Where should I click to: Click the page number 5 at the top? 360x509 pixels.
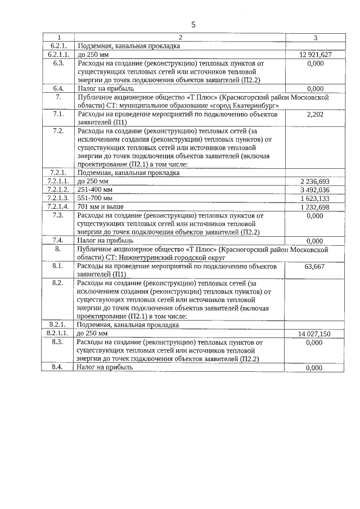click(193, 25)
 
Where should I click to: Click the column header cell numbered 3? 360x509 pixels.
click(315, 38)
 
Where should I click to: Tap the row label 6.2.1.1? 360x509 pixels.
click(58, 55)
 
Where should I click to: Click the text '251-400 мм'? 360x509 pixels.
click(95, 190)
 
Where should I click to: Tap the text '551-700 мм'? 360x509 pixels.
click(95, 198)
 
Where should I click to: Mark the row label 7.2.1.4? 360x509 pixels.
click(58, 207)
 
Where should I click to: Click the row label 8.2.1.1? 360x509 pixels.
click(58, 334)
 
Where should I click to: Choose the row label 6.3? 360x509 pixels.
click(58, 64)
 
